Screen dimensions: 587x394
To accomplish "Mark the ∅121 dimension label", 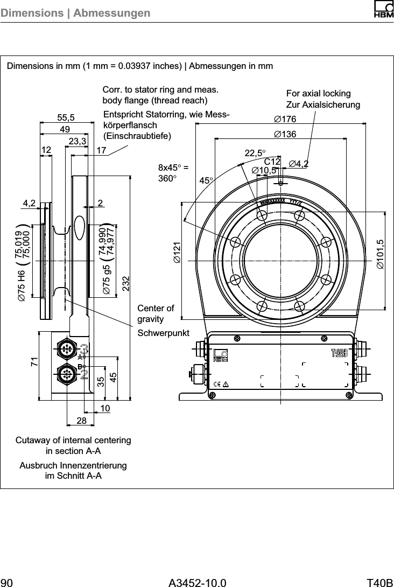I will click(177, 253).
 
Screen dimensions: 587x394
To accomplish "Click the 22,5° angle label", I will click(256, 153).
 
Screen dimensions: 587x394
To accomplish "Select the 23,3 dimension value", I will click(78, 141).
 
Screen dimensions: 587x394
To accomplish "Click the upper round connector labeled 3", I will click(67, 350).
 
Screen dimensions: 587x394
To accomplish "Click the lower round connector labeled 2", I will click(67, 373).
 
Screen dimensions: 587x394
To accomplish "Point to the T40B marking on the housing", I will click(339, 353).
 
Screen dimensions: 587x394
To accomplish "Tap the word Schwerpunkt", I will click(164, 333).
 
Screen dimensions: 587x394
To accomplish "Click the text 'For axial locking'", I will click(318, 94).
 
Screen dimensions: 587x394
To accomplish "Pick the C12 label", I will click(272, 162).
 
